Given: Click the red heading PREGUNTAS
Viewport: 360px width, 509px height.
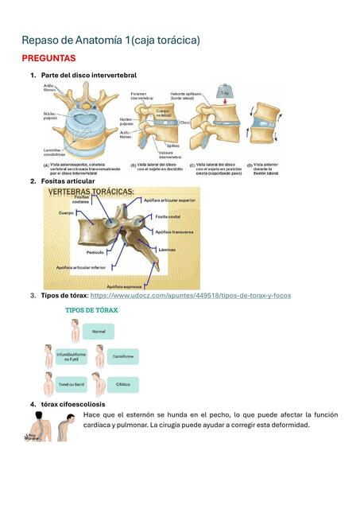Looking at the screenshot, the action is (48, 58).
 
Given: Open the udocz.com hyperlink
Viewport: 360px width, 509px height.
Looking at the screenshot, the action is (191, 295).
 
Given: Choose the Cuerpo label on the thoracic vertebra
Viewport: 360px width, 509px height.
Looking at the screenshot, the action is (66, 213).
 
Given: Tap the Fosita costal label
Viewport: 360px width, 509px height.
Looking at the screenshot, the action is (167, 216).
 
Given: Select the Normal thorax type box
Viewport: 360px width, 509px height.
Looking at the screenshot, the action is (99, 331).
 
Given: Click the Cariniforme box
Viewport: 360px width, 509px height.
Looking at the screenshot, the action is (122, 357).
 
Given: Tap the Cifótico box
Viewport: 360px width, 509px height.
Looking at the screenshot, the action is (122, 383).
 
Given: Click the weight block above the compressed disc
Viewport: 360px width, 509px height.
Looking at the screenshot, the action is (225, 92).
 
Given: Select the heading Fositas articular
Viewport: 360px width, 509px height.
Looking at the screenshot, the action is (68, 181).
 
